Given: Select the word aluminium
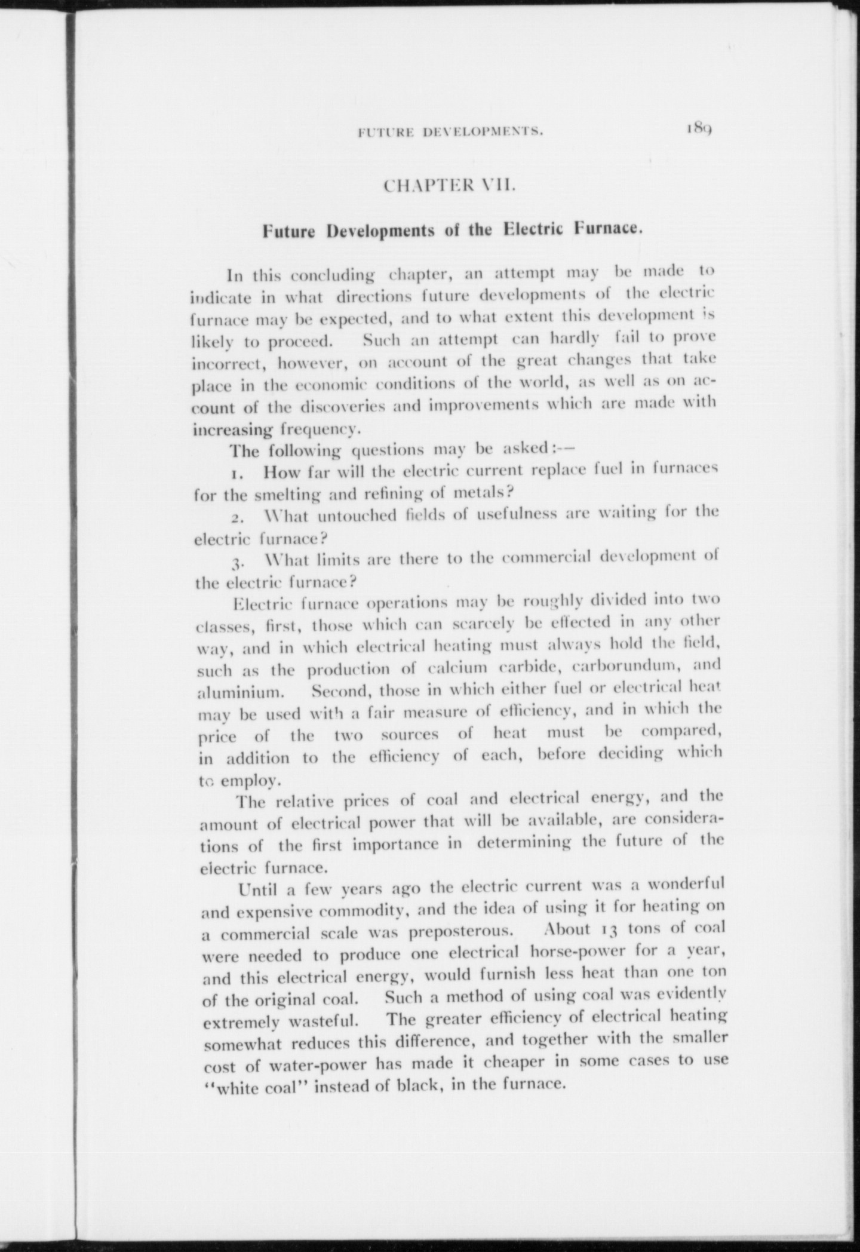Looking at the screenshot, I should [x=239, y=693].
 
